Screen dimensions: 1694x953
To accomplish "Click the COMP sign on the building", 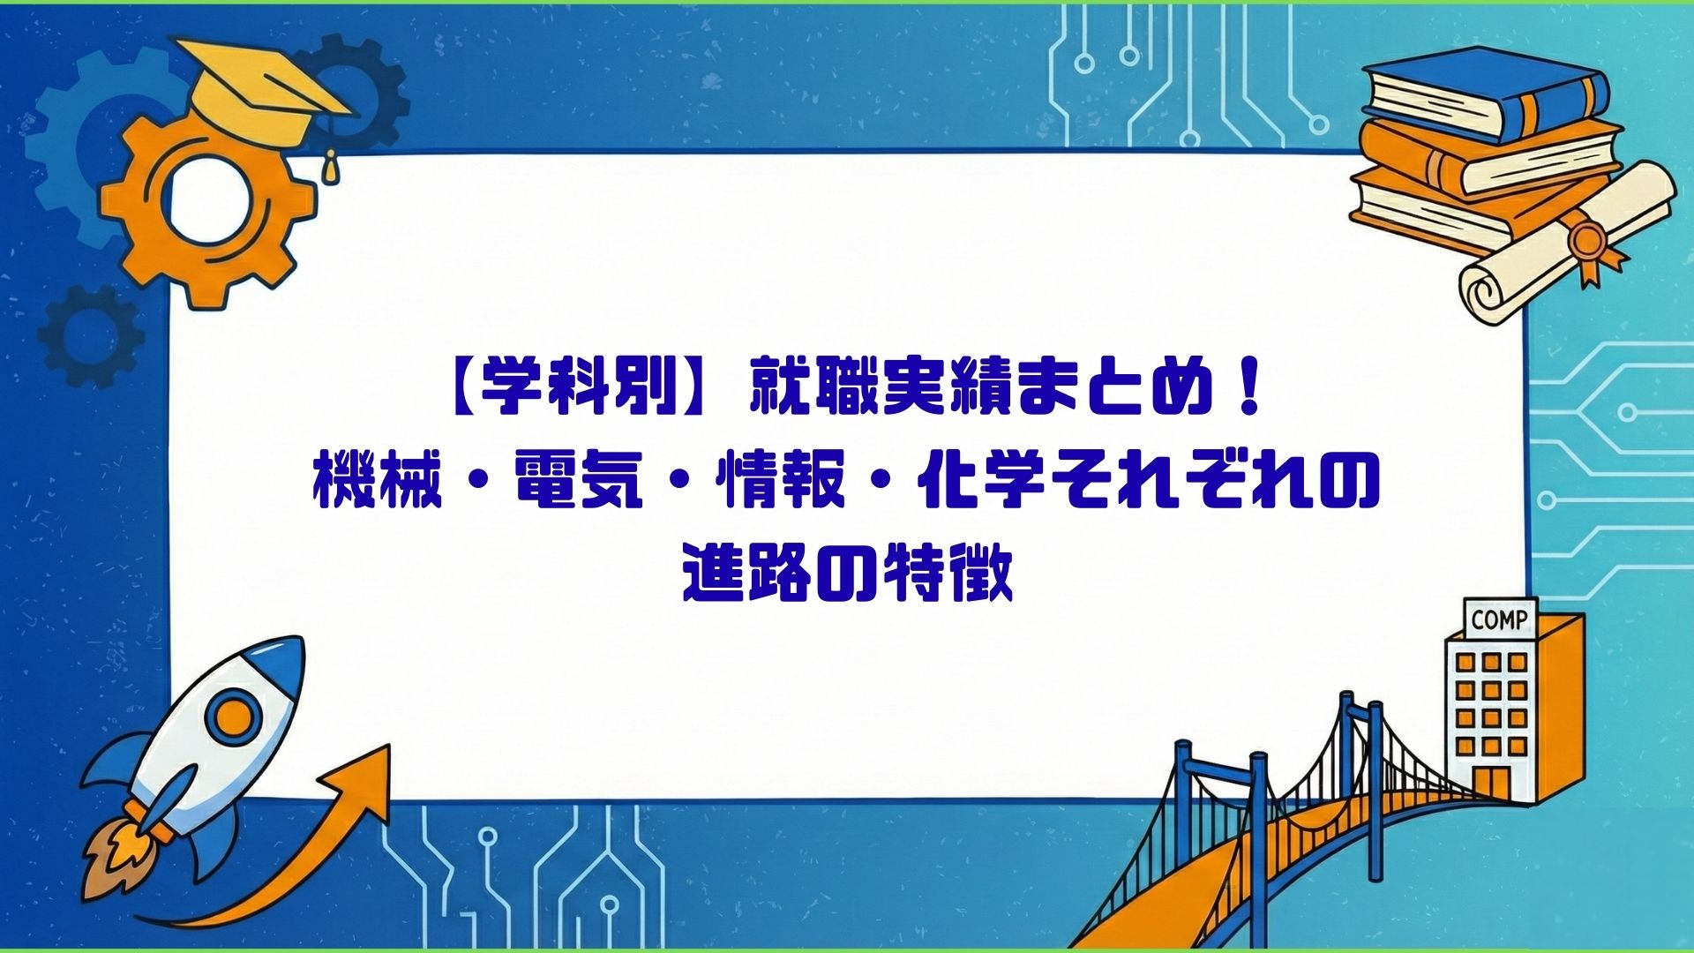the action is (x=1499, y=619).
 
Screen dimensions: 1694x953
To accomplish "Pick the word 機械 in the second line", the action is (x=378, y=482).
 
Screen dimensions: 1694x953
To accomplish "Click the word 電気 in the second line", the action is (x=579, y=482).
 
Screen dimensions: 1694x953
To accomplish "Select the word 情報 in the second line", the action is (x=781, y=482).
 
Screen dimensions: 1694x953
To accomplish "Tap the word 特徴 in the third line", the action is (x=948, y=574).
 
